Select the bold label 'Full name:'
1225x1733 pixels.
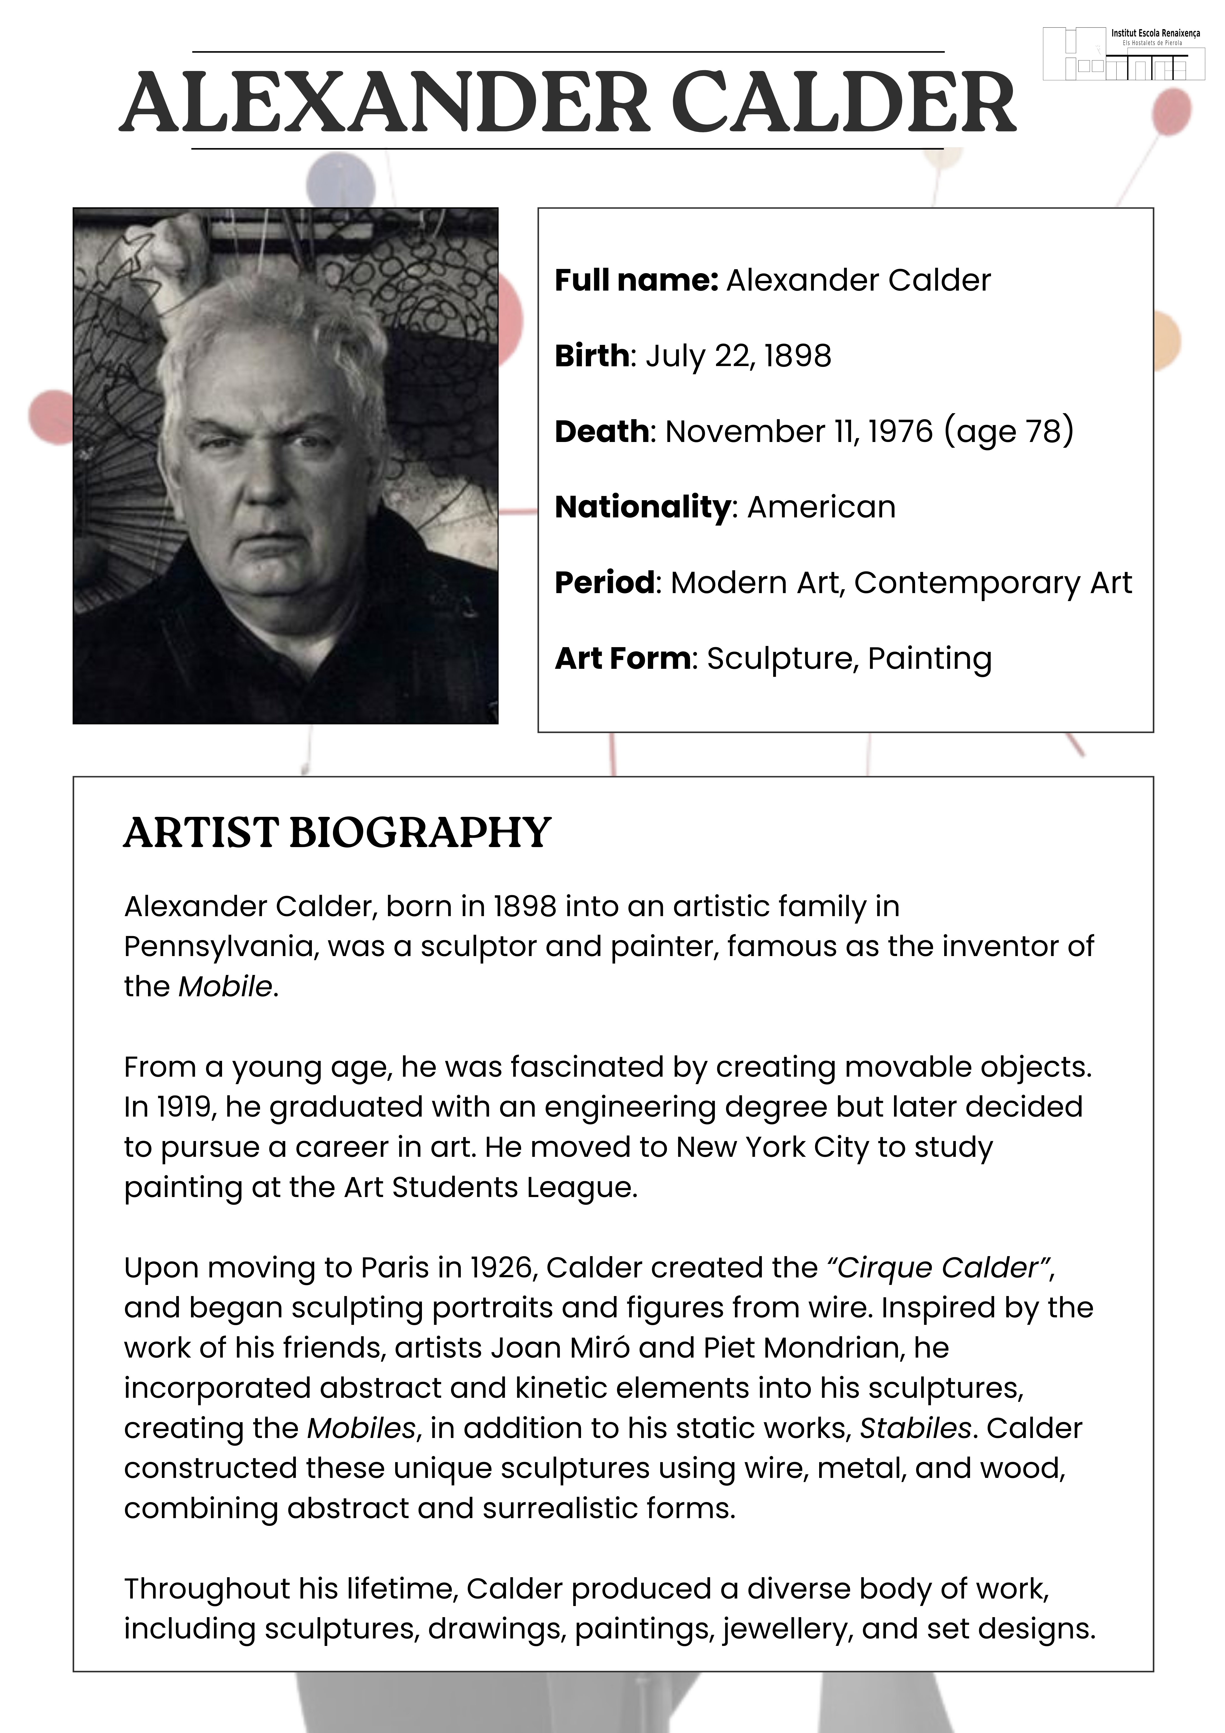636,281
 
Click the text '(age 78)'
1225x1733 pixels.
1008,432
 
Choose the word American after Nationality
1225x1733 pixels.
821,507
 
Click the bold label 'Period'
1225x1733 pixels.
604,583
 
